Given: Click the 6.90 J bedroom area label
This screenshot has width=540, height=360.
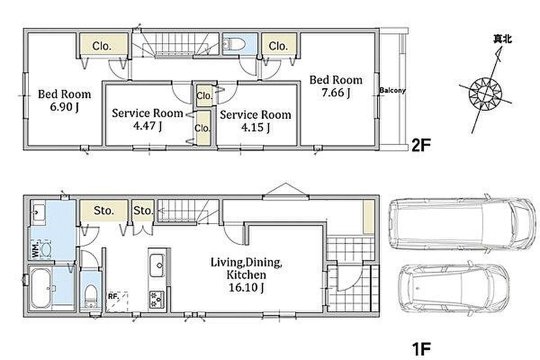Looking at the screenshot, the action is [64, 107].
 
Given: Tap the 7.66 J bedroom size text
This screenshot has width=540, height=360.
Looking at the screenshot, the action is [336, 93].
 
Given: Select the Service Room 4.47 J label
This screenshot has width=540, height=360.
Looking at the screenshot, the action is [147, 120].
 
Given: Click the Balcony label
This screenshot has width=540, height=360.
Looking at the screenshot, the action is [392, 90].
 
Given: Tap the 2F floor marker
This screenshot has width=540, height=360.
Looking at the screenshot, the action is [421, 145].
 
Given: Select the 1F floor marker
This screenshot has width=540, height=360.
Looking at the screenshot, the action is [421, 349].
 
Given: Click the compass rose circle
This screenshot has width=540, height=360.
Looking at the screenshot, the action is [485, 94].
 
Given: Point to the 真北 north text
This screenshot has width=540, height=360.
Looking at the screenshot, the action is [502, 39].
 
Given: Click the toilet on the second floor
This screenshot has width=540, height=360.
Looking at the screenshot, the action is [234, 45].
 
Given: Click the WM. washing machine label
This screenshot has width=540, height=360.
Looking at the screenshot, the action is [35, 250].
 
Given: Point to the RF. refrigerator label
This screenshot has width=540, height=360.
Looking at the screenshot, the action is [113, 297].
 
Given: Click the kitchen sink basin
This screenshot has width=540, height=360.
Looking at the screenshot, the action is [157, 265].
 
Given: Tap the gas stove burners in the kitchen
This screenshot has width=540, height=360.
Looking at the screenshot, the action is [157, 299].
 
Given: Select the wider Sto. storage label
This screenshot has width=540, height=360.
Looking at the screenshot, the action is [104, 211].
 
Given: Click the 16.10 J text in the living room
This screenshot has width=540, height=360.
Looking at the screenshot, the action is [246, 288].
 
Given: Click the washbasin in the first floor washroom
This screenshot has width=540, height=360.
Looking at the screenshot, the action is [39, 212].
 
